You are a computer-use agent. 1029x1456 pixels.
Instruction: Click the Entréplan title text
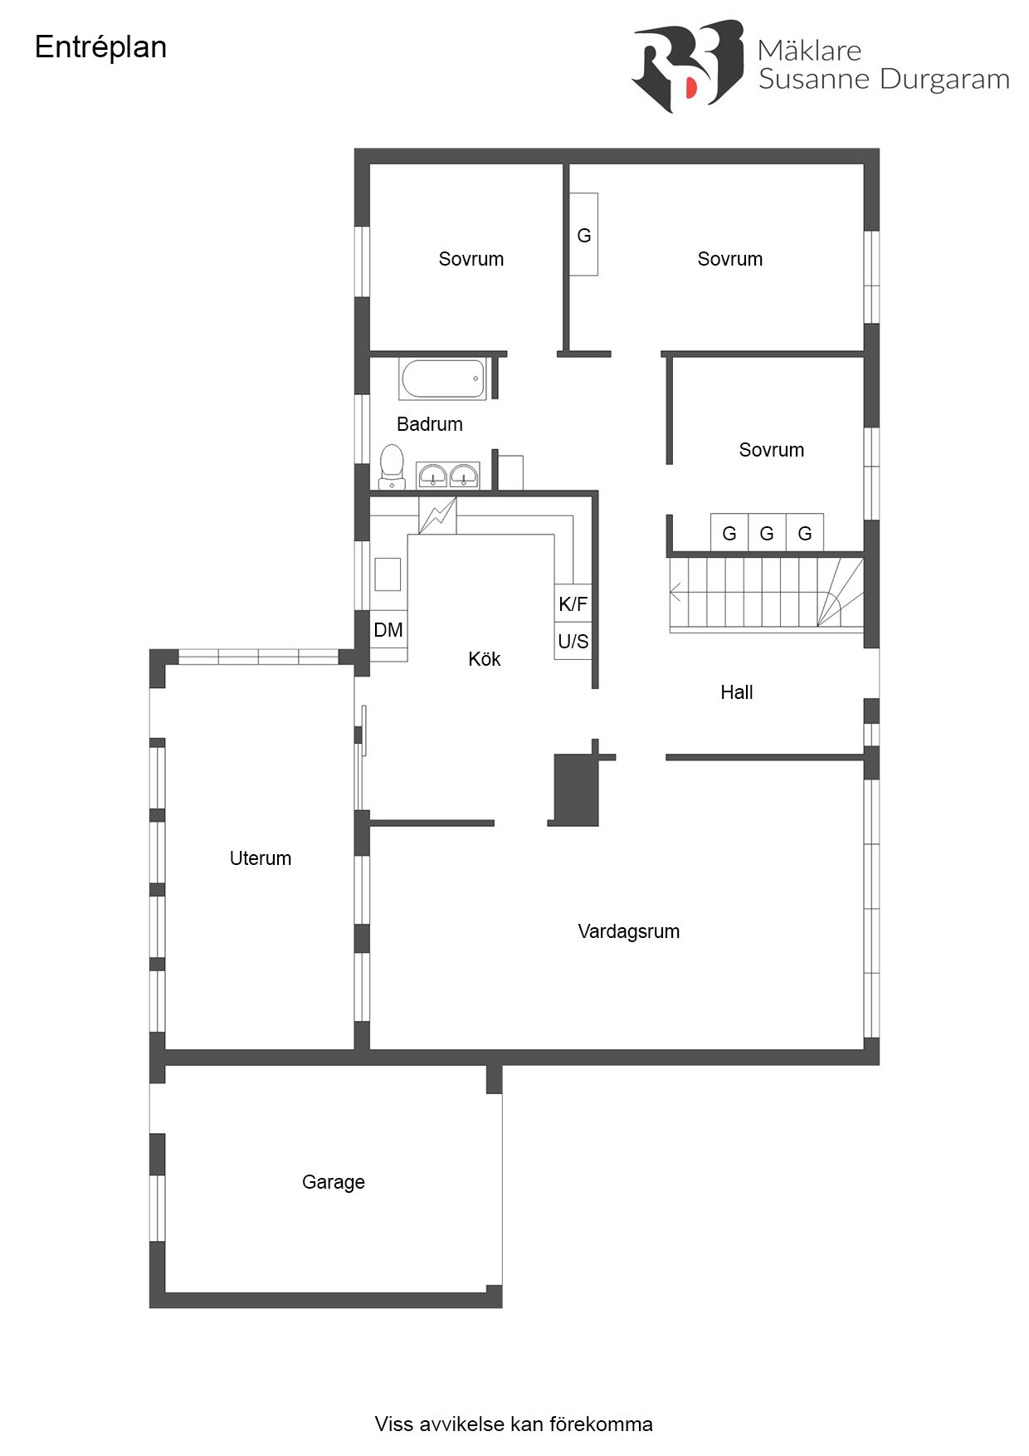coord(100,47)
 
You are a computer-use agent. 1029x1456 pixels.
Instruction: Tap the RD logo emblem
coord(687,66)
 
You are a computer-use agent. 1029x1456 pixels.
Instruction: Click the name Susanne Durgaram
coord(883,80)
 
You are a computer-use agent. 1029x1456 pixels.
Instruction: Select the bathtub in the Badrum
coord(442,379)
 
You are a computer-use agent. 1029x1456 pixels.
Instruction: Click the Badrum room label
coord(429,424)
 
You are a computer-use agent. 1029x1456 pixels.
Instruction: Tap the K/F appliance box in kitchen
coord(573,603)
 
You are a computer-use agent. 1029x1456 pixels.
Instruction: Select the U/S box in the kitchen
coord(573,641)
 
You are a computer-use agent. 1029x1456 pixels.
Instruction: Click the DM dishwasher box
coord(388,630)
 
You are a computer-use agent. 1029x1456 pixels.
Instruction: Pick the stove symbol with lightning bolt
coord(437,515)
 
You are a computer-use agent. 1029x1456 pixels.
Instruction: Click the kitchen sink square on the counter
coord(387,574)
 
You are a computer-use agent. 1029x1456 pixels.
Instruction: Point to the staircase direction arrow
coord(675,593)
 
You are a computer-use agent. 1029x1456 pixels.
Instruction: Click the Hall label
coord(736,692)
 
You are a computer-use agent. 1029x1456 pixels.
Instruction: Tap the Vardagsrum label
coord(628,931)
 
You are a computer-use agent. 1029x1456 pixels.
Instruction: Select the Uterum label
coord(260,858)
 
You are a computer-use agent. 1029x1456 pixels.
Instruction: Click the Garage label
coord(333,1182)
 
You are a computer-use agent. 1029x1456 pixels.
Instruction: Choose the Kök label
coord(484,659)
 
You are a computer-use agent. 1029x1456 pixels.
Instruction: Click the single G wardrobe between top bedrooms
coord(583,235)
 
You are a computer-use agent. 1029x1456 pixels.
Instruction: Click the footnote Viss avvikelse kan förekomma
coord(513,1424)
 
